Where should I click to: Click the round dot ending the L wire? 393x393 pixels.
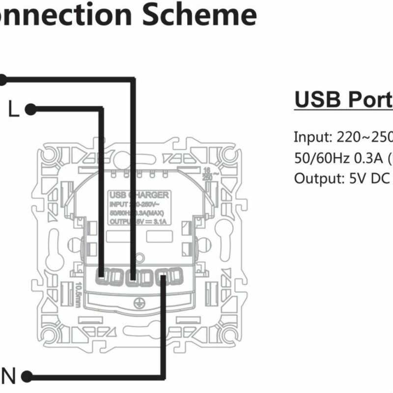[x=30, y=109]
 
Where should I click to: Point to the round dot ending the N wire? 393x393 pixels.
[x=27, y=377]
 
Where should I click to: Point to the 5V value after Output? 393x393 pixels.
[x=356, y=178]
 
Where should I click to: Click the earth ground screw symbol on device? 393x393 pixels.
[x=139, y=304]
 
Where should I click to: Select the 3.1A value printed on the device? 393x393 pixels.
[x=160, y=222]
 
